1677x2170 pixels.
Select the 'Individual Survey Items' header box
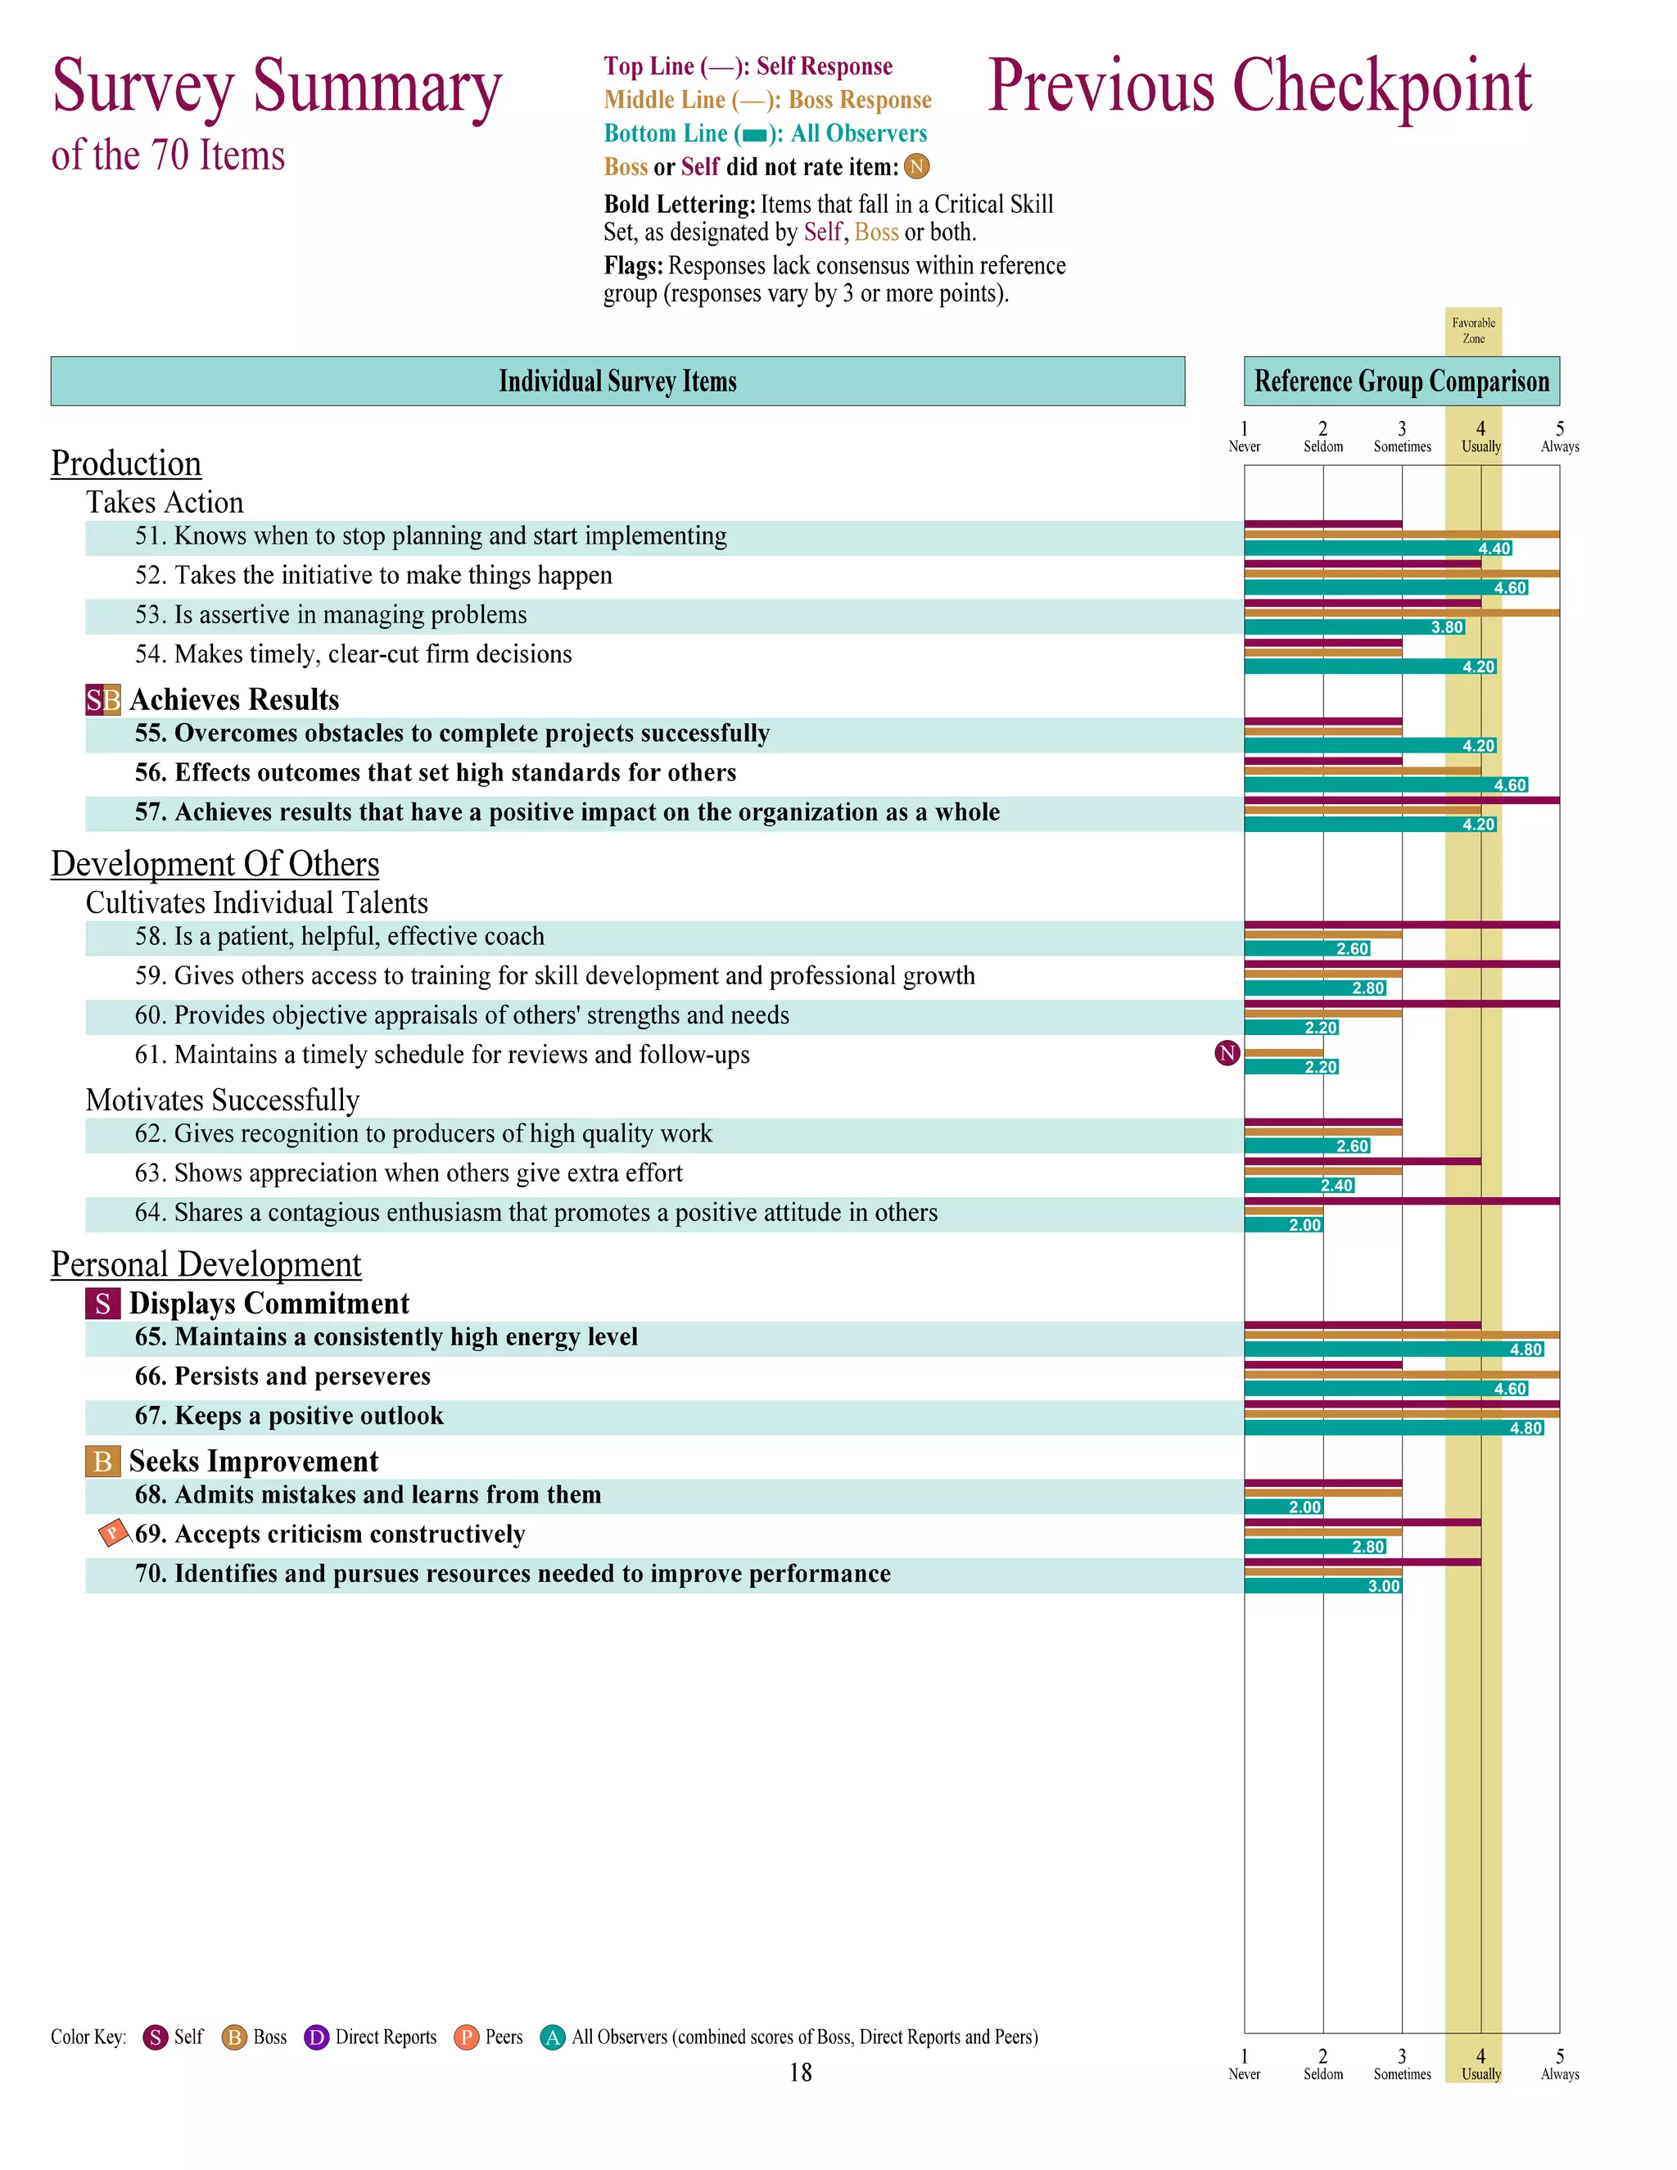coord(617,382)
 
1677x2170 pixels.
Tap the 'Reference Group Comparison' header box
coord(1401,382)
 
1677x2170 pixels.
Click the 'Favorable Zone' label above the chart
coord(1472,331)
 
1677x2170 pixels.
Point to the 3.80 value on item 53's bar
coord(1447,627)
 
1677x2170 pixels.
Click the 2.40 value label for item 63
coord(1336,1186)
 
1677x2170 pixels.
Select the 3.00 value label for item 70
coord(1383,1586)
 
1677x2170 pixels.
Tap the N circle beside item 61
coord(1227,1053)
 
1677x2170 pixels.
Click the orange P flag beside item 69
coord(112,1533)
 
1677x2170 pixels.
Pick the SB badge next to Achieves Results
coord(103,700)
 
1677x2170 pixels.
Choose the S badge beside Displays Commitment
coord(103,1304)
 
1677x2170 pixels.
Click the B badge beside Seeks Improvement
coord(103,1462)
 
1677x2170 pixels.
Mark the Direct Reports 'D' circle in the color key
coord(316,2038)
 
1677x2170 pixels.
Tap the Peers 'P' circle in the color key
coord(466,2038)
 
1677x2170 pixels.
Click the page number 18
coord(801,2073)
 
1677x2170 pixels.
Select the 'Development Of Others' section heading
coord(215,865)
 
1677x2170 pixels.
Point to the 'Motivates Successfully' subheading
coord(223,1100)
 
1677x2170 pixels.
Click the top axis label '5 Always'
coord(1559,437)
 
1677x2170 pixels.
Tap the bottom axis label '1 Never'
coord(1244,2064)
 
